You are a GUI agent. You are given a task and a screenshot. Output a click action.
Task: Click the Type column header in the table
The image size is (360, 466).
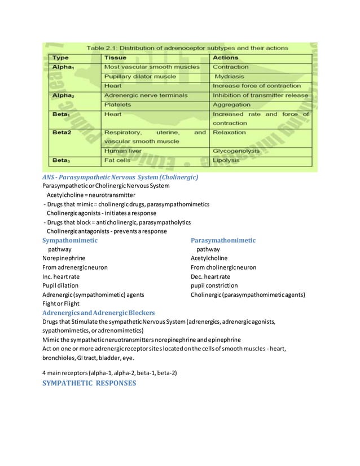61,58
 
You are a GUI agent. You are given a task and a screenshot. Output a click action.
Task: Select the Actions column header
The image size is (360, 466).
225,58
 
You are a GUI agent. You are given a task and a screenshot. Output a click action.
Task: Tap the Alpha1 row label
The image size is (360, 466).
64,67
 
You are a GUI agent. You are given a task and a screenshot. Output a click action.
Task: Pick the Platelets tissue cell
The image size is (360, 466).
118,104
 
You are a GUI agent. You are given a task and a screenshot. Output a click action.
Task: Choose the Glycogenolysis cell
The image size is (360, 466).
236,151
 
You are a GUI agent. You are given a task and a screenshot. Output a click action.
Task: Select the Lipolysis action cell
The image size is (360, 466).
226,161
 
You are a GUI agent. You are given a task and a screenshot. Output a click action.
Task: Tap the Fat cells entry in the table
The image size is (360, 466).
118,161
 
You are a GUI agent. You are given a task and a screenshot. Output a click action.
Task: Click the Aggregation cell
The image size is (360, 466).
231,104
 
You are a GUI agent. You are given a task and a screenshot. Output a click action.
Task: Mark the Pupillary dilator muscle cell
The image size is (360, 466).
140,76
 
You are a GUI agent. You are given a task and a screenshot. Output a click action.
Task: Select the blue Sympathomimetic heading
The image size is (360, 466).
70,240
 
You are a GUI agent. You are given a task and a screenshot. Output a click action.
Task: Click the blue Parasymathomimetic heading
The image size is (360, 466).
223,240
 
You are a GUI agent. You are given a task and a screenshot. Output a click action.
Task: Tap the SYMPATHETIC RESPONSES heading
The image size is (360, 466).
89,383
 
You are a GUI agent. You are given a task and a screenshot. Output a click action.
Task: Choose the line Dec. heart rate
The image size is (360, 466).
210,276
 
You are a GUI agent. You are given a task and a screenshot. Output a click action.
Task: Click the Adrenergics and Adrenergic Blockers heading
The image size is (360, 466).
99,313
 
